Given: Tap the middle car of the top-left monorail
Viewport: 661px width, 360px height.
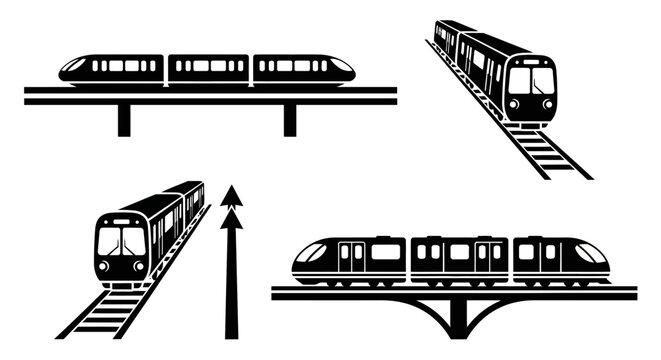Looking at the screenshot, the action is coord(208,68).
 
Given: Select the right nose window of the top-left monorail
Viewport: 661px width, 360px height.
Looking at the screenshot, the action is coord(340,67).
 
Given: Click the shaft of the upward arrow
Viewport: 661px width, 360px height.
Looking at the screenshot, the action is coord(232,280).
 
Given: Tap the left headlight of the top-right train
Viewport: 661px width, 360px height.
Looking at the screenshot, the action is coord(514,103).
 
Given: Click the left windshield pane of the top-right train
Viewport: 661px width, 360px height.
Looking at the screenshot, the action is coord(520,79).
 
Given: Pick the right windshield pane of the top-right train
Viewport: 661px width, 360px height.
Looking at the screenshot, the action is coord(542,79).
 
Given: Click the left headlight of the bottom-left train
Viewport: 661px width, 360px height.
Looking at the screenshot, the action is coord(105,265).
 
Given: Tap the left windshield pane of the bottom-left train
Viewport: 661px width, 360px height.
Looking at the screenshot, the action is coord(110,241).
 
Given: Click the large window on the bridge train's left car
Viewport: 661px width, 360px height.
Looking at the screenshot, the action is coord(385,253).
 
